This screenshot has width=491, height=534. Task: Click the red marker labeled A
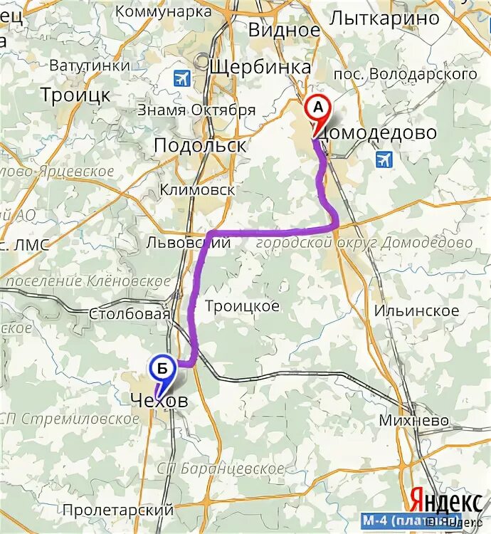pyautogui.click(x=318, y=109)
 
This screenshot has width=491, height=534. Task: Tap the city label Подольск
pyautogui.click(x=200, y=145)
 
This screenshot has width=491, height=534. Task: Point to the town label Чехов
pyautogui.click(x=159, y=402)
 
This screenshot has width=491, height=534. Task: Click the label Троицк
pyautogui.click(x=75, y=95)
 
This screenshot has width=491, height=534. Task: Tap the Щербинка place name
pyautogui.click(x=260, y=67)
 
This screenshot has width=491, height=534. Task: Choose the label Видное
pyautogui.click(x=284, y=30)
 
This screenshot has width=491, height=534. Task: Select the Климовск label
pyautogui.click(x=197, y=190)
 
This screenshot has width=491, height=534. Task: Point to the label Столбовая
pyautogui.click(x=130, y=314)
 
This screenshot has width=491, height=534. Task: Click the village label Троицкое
pyautogui.click(x=242, y=306)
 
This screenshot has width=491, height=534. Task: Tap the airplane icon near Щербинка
pyautogui.click(x=183, y=78)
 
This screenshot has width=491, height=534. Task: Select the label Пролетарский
pyautogui.click(x=117, y=510)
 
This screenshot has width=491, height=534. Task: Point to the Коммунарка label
pyautogui.click(x=163, y=11)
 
